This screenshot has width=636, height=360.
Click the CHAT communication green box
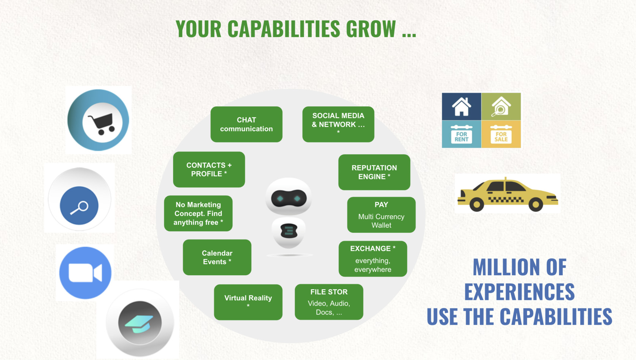pos(246,124)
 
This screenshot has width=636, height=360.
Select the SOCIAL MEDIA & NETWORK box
pos(338,124)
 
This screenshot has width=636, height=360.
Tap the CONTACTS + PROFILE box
pos(209,170)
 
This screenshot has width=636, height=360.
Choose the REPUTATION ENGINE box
pos(374,172)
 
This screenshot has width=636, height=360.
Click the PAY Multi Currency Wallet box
pos(381,215)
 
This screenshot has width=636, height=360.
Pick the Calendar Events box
pos(217,257)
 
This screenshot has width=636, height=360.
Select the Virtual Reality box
pos(248,302)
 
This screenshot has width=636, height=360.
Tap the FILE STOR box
pos(329,302)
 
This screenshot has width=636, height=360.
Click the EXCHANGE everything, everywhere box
pos(373,259)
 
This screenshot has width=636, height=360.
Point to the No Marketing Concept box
pos(198,214)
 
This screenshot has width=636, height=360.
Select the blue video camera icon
pos(85,273)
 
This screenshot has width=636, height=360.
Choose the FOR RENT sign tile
pos(462,134)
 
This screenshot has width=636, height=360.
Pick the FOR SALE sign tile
pos(501,134)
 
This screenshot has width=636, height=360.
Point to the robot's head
pos(289,197)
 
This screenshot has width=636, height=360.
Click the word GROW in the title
pos(371,29)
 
